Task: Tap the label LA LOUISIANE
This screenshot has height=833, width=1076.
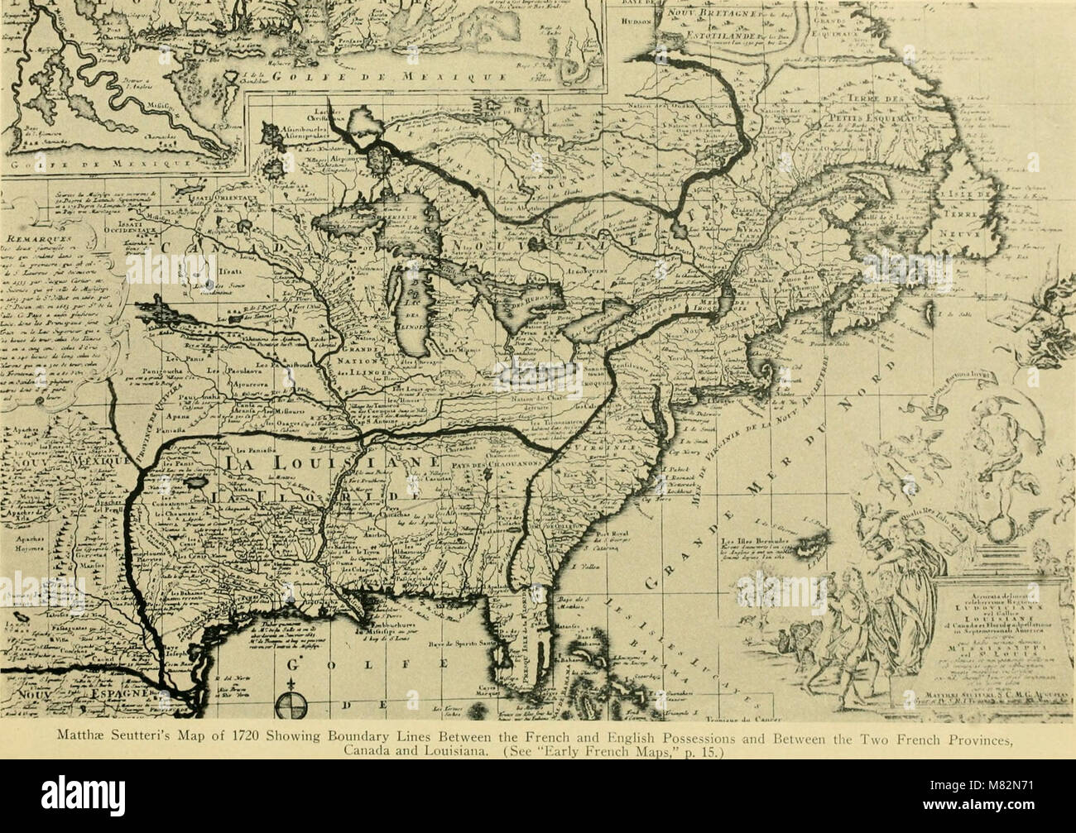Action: pyautogui.click(x=331, y=464)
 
